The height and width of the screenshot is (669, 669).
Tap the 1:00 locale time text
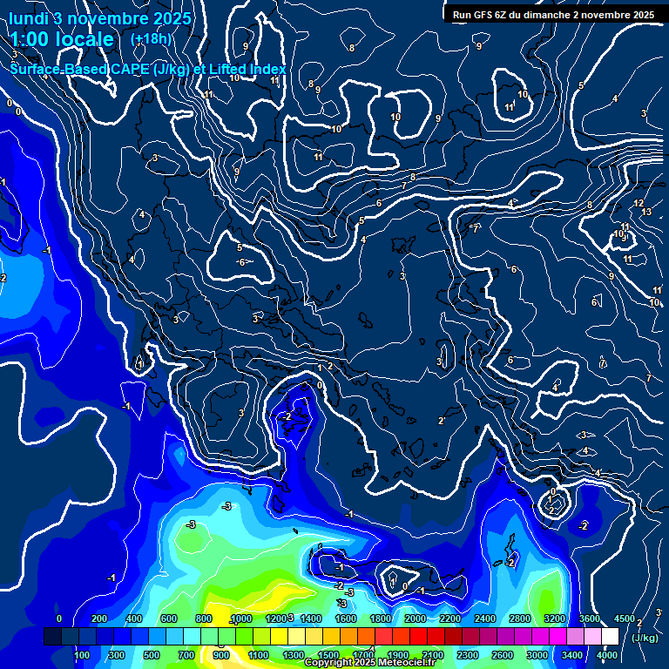(x=62, y=40)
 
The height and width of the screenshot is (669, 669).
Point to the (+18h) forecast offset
(x=151, y=39)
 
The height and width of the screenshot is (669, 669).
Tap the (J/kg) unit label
(x=645, y=638)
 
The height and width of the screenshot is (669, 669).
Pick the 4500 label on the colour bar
(x=624, y=618)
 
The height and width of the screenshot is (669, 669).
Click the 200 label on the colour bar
(x=98, y=618)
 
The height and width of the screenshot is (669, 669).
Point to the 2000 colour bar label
(x=415, y=618)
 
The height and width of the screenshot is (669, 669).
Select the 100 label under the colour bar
(x=82, y=655)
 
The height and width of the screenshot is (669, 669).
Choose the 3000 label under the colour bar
(x=537, y=655)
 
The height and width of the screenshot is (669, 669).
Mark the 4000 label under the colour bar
(x=607, y=655)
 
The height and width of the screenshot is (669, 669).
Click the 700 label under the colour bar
(x=186, y=655)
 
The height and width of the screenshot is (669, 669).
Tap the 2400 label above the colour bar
(x=485, y=618)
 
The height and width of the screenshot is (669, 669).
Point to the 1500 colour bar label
(x=328, y=655)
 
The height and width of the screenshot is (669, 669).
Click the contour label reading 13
(x=646, y=212)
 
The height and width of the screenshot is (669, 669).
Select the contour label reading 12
(x=639, y=203)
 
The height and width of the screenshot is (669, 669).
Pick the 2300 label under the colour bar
(x=468, y=655)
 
